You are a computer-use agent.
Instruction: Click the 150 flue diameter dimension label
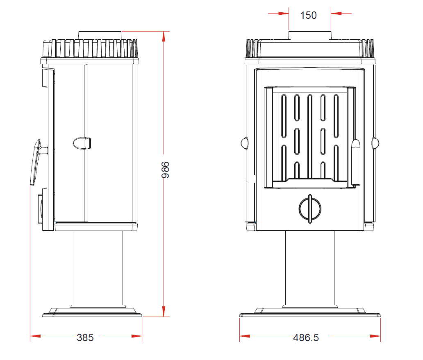point(308,16)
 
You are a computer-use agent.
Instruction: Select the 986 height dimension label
point(165,170)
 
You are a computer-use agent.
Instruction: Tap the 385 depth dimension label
point(85,337)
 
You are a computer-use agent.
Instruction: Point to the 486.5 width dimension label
point(306,337)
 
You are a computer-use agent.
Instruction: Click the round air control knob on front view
point(310,209)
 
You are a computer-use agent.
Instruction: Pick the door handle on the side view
point(36,162)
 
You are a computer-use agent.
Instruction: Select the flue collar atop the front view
point(310,35)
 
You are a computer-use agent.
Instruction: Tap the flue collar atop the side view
point(100,35)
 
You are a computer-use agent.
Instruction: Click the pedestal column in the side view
point(98,268)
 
